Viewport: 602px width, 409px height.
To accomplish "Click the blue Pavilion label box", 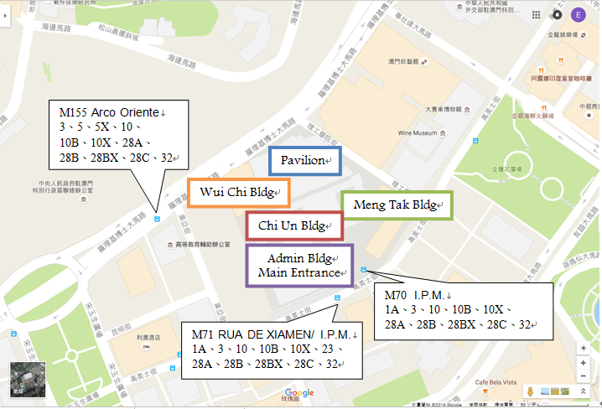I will [304, 161].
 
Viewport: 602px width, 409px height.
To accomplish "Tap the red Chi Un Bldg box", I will [294, 225].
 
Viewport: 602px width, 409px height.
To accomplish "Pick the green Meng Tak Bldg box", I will [397, 205].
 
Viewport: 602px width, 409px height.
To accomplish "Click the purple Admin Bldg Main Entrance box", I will [300, 266].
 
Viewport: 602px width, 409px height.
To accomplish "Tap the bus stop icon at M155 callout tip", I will [158, 220].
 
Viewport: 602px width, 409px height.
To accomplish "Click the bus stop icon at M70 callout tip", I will [363, 269].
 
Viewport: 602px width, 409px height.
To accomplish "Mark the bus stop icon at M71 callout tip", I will [337, 298].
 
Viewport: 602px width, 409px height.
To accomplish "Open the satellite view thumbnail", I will [23, 380].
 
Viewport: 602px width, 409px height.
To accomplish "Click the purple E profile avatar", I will [578, 14].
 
